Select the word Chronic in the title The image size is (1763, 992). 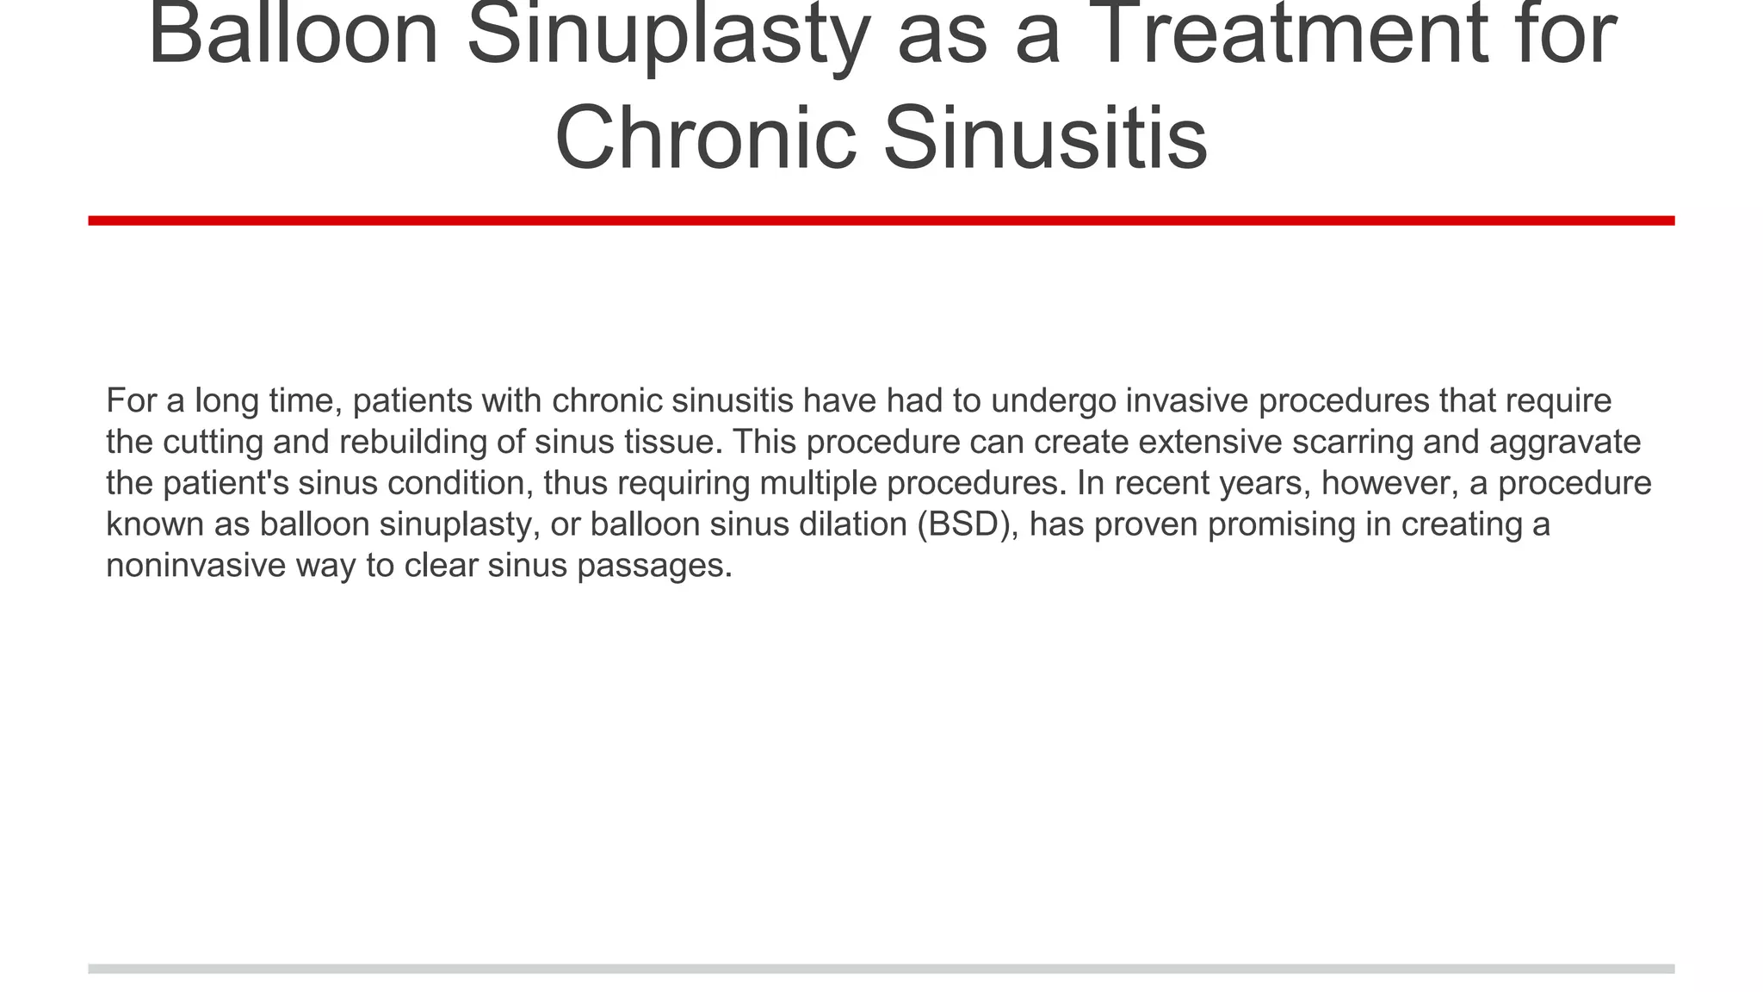(x=705, y=138)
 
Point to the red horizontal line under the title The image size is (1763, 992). (x=881, y=220)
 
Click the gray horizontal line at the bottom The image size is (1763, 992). (x=881, y=969)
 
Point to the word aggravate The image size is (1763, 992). (x=1564, y=443)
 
